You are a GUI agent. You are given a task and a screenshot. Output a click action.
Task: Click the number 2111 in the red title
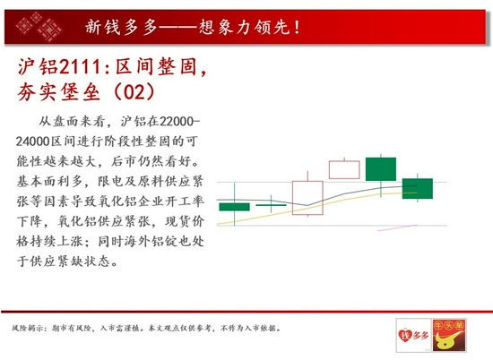(79, 66)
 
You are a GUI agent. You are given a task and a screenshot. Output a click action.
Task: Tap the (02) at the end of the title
(134, 91)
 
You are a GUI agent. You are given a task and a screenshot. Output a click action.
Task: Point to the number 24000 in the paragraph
(33, 141)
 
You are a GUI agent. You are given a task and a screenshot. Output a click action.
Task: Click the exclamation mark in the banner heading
(297, 27)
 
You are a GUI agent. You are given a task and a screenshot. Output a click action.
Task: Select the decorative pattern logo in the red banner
(39, 26)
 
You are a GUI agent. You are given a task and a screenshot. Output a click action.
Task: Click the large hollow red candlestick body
(307, 198)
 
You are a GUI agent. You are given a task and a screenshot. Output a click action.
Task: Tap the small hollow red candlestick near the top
(344, 170)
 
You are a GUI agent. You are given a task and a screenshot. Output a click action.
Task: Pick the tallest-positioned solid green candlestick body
(381, 169)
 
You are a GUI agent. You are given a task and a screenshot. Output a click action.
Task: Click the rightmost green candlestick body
(418, 188)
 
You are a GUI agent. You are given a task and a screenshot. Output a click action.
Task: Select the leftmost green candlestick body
(234, 207)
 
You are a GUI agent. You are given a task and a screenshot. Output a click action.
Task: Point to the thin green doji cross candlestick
(271, 205)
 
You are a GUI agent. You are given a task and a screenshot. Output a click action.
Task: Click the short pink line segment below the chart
(397, 227)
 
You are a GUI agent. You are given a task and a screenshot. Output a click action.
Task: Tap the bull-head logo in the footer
(449, 335)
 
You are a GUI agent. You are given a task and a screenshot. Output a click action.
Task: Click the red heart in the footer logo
(405, 335)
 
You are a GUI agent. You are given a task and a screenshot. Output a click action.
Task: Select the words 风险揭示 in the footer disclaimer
(26, 329)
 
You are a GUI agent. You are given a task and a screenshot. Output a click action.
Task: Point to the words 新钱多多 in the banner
(121, 27)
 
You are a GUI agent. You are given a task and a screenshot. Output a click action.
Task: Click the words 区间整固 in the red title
(156, 66)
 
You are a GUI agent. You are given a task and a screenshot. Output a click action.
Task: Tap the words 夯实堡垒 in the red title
(58, 91)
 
